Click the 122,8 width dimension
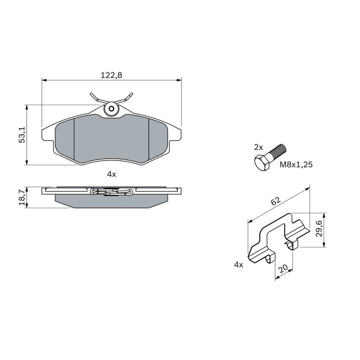111,75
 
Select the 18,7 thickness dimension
22,198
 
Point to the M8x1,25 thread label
296,164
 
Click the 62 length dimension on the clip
275,201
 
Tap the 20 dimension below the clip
283,269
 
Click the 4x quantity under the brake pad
112,175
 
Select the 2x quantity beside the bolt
258,147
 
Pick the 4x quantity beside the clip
238,265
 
